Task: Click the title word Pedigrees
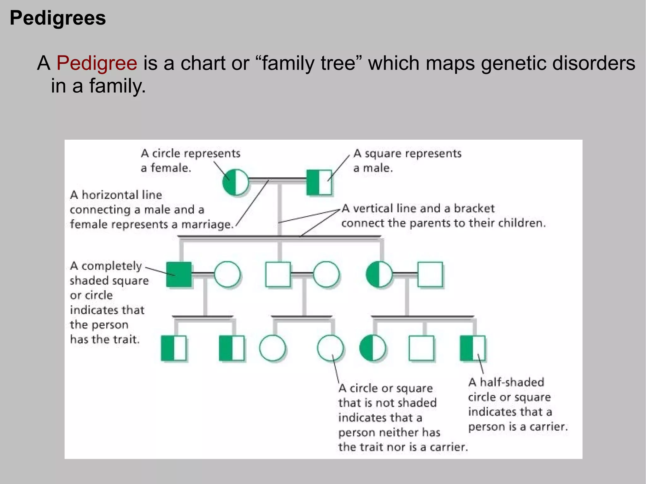[58, 18]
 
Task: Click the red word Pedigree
[97, 63]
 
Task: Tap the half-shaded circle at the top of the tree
[235, 182]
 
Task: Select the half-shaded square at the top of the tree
[319, 182]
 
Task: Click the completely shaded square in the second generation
[179, 274]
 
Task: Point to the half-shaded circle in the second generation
[379, 274]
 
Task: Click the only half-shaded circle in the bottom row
[373, 348]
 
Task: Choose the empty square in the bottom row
[421, 348]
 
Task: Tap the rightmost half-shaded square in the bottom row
[472, 348]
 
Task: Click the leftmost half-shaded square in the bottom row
[173, 348]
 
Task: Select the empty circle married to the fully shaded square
[227, 274]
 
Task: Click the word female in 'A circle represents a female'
[170, 168]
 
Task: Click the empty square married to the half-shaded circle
[430, 274]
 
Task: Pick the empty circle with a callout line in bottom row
[330, 348]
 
